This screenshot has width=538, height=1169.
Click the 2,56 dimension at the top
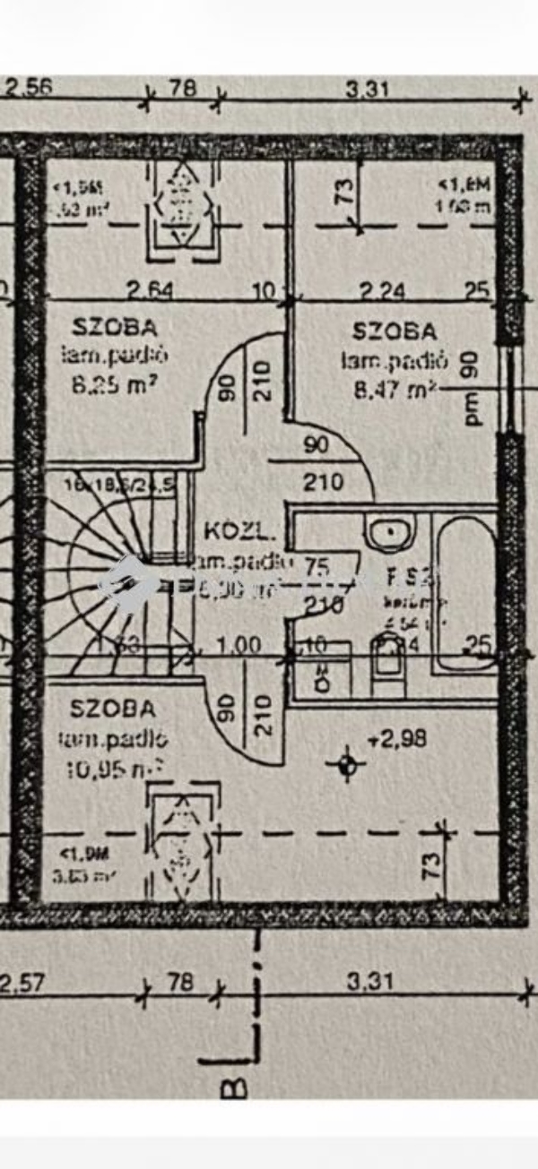click(30, 88)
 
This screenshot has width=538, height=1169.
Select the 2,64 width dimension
click(149, 289)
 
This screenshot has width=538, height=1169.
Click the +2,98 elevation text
click(396, 739)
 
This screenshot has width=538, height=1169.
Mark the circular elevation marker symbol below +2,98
click(347, 764)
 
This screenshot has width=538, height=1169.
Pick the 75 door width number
click(317, 566)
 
